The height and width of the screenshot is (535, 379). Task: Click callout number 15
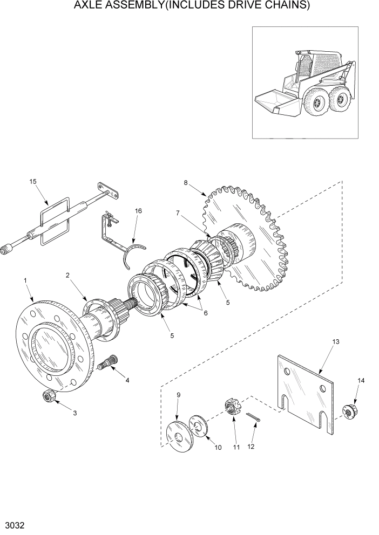(x=33, y=182)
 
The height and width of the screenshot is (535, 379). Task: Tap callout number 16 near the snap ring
(x=138, y=211)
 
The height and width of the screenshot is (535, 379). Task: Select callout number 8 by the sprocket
(x=186, y=182)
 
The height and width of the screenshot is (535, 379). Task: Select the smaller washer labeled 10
(x=198, y=424)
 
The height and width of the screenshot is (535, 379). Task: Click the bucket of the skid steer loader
(x=276, y=104)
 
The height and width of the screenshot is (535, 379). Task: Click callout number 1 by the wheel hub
(x=25, y=280)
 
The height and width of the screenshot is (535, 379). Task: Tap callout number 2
(x=67, y=275)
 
